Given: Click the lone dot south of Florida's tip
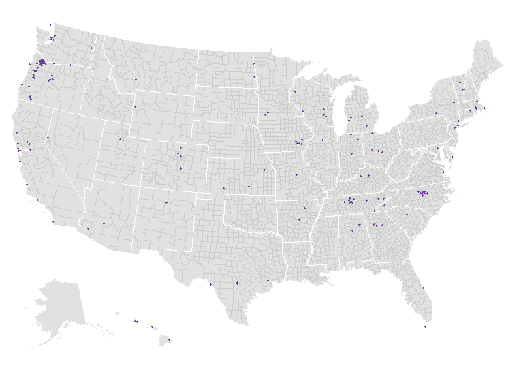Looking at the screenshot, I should [425, 327].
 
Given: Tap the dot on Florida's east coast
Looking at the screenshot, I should [422, 288].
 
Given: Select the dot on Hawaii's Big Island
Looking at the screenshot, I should [169, 339].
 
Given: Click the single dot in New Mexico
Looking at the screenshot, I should [165, 202].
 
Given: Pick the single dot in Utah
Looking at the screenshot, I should [120, 139].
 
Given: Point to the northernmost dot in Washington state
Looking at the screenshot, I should [50, 25].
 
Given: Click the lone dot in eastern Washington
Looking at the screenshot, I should [91, 48].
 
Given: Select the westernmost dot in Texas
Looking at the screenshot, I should [210, 284].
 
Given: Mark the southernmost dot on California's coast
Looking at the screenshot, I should [53, 221].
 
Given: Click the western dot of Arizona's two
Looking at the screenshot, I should [88, 228].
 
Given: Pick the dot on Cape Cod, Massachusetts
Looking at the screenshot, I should [485, 108].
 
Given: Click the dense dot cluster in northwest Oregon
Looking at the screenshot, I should [42, 63].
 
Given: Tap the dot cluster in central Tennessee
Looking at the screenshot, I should [350, 200].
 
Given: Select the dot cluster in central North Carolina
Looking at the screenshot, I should [423, 194].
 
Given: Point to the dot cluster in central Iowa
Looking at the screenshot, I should [298, 142].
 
